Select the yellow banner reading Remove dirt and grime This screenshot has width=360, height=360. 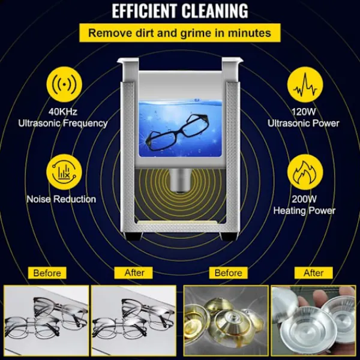coord(180,33)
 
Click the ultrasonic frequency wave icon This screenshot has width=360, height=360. coord(64,84)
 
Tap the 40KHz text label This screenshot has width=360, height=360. coord(62,112)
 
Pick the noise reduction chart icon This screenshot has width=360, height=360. coord(64,172)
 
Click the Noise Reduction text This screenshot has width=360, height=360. coord(61,199)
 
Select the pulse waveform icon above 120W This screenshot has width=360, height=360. coord(305,84)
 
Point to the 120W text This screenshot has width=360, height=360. coord(304,112)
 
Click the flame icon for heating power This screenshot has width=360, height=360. coord(305,172)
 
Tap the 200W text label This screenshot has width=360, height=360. coord(304,199)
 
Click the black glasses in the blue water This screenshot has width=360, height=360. coord(178,133)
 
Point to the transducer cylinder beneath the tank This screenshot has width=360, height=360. coord(180,180)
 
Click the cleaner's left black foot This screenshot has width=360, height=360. coord(134,236)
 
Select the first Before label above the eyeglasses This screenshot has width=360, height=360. coord(47,273)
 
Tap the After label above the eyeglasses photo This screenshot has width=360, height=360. coord(133,273)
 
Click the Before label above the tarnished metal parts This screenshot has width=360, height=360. coord(229,273)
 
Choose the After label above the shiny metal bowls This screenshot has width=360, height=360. coord(314,273)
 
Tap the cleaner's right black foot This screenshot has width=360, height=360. coord(227,236)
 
